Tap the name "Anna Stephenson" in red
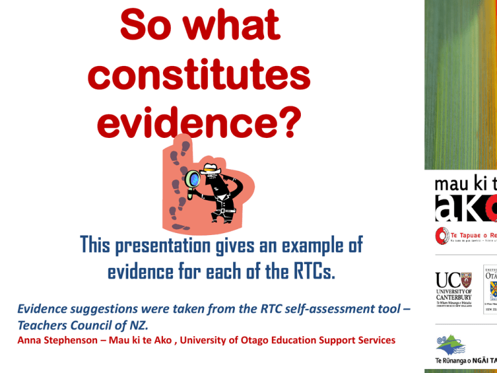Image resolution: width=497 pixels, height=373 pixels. tap(53, 340)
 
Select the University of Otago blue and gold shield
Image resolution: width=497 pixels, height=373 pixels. tap(491, 284)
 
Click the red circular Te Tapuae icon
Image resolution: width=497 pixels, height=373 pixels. tap(441, 236)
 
